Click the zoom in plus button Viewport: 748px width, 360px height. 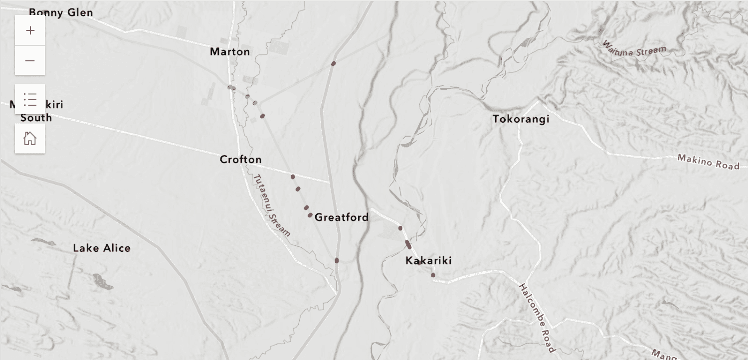pos(30,30)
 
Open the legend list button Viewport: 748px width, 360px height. pos(30,100)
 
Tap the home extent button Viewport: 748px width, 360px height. pos(30,138)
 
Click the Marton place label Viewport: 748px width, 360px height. pos(230,52)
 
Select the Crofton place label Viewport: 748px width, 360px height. pos(240,160)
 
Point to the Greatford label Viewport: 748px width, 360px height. pos(342,217)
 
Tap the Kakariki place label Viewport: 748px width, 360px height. pos(428,261)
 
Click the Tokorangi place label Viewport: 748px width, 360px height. pos(521,119)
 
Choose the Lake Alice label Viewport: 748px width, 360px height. pos(102,248)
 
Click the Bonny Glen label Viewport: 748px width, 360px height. pos(61,12)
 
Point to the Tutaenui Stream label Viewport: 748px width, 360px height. pos(271,205)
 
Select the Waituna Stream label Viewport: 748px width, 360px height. pos(634,53)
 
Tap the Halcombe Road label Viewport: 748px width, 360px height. pos(537,317)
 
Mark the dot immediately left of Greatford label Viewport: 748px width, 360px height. pos(310,215)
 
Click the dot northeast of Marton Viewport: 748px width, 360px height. pos(334,64)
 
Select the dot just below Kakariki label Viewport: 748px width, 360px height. pos(433,275)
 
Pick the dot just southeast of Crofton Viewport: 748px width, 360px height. pos(293,177)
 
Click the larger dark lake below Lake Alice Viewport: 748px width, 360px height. pos(103,282)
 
